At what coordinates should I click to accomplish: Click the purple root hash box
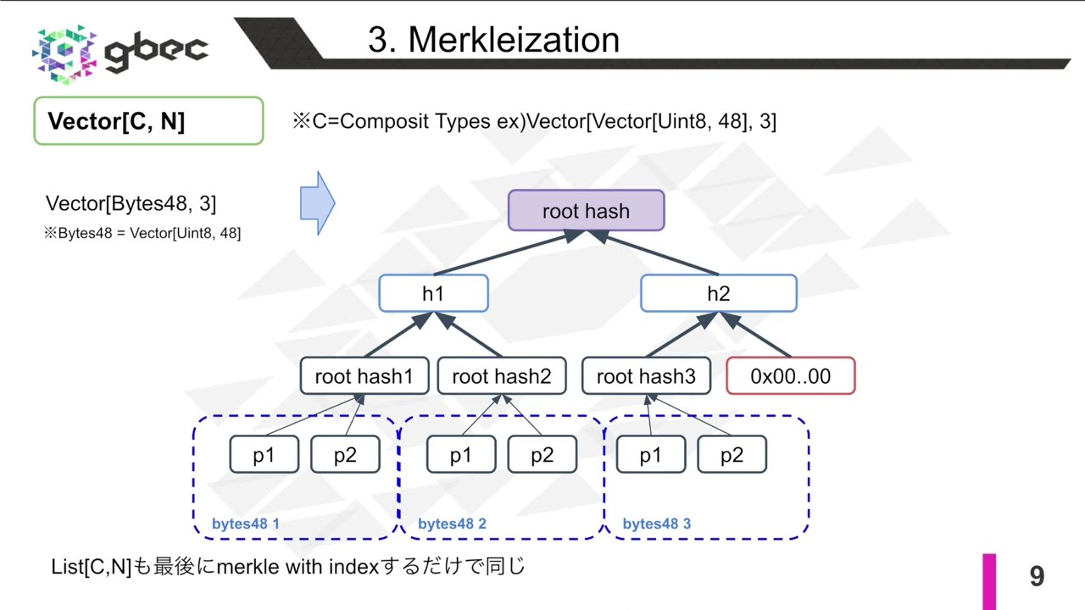coord(586,211)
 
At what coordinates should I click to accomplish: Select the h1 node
coord(433,293)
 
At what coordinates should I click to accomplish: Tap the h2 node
coord(718,293)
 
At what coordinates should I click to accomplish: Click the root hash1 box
coord(364,376)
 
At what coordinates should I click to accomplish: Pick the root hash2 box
coord(501,376)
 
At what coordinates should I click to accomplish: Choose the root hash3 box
coord(646,376)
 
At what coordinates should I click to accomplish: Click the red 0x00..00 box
coord(790,376)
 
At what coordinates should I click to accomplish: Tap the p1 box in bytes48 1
coord(264,455)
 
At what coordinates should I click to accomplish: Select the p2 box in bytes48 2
coord(542,455)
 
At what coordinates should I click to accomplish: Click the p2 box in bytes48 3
coord(732,455)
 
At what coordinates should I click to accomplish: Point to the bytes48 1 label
coord(245,524)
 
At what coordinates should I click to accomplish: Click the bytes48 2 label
coord(452,524)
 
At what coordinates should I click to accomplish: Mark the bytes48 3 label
coord(656,524)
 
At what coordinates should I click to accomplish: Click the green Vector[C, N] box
coord(148,121)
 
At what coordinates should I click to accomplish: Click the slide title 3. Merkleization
coord(493,40)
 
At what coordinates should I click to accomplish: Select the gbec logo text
coord(156,50)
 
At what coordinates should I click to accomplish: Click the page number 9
coord(1037,577)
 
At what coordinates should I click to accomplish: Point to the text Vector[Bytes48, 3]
coord(131,203)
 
